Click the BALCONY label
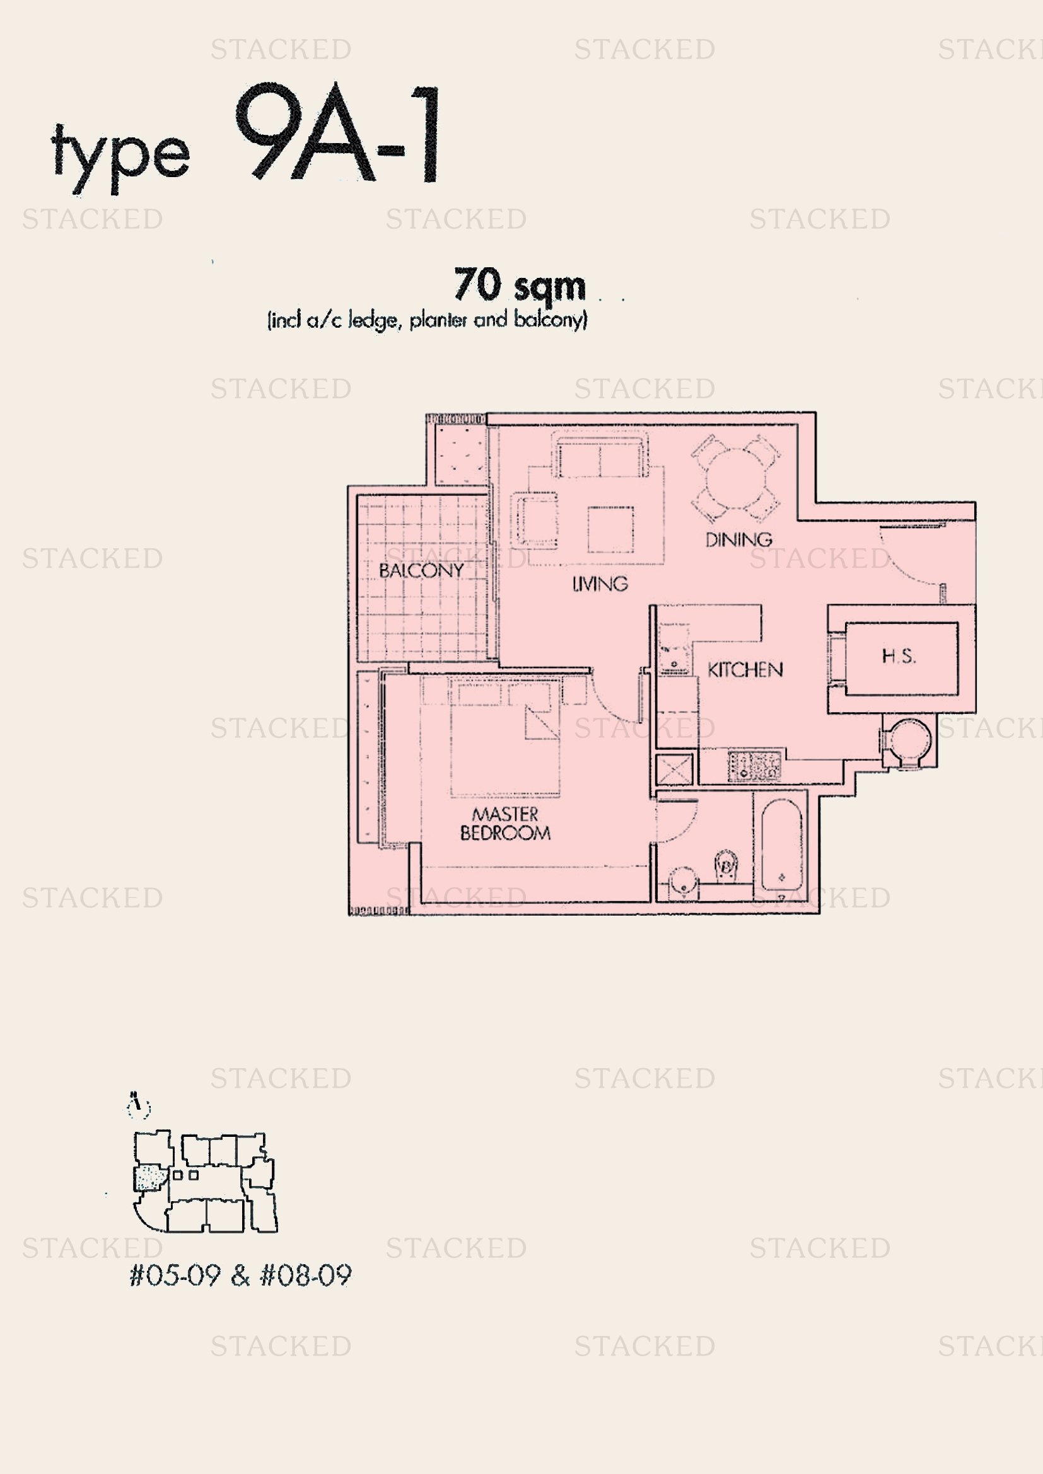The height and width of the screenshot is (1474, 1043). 421,570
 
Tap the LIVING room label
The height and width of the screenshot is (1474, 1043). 599,584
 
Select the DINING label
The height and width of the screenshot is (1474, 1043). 738,540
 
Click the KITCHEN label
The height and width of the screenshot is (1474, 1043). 745,671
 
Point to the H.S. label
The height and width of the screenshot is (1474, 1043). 899,656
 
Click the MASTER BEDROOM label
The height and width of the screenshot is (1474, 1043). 506,824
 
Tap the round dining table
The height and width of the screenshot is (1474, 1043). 736,478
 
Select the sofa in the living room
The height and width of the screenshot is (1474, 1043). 600,457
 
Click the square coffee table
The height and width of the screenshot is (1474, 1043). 610,529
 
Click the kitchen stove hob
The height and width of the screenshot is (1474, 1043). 755,766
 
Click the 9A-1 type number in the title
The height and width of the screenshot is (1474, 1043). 338,134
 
